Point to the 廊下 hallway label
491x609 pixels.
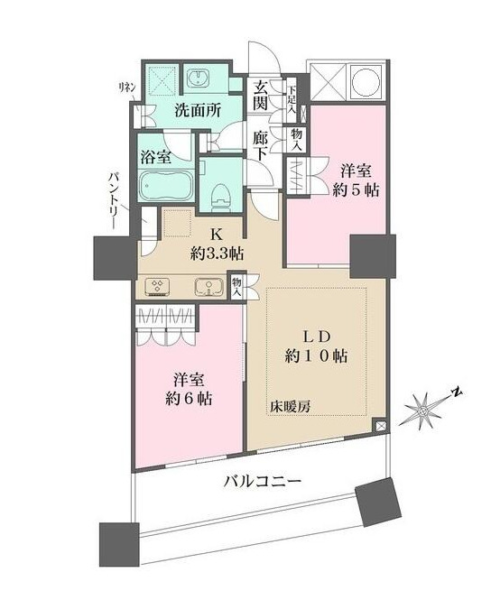point(261,147)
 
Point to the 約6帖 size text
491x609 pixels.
point(189,398)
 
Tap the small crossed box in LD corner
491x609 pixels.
point(380,425)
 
